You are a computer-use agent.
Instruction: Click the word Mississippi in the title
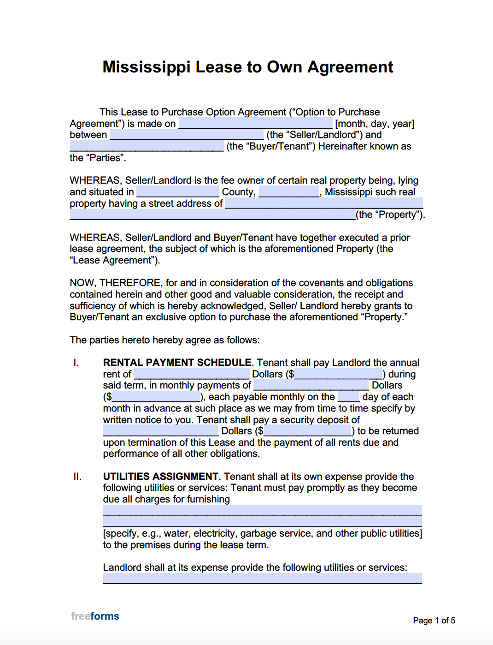146,67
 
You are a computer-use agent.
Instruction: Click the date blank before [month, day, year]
255,124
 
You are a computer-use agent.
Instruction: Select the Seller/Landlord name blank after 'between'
187,135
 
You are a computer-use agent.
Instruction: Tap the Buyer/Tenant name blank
147,146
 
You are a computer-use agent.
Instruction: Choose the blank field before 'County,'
178,192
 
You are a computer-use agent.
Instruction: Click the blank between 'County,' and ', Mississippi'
289,192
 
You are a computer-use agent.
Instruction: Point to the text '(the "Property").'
390,215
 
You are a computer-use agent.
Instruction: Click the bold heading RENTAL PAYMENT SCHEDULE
177,363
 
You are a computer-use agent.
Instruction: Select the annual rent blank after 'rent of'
191,374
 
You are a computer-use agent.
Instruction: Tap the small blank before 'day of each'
348,397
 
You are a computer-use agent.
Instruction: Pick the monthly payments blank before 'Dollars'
311,385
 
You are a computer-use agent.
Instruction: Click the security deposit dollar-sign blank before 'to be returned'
307,431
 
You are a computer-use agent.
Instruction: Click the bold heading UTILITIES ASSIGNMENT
160,477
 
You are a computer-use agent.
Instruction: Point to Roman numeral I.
76,363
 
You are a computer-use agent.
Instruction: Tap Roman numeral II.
77,477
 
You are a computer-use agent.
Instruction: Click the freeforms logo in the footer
95,616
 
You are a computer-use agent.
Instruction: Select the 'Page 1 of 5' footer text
434,621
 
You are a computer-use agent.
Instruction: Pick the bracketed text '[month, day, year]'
375,124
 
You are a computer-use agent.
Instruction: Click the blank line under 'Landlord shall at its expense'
262,579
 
